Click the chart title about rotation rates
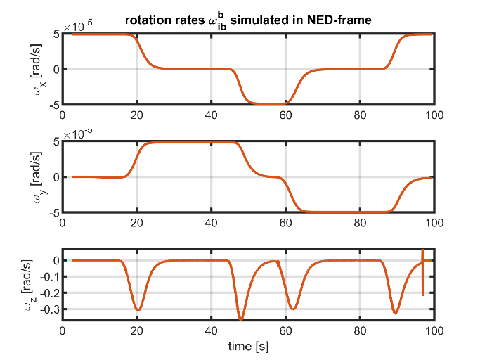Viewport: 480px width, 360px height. (247, 20)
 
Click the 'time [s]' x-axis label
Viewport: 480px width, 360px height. (249, 347)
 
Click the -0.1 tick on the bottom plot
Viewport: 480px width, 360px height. (47, 276)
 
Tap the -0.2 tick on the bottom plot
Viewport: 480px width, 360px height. (47, 292)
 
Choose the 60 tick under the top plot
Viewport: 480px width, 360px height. (285, 115)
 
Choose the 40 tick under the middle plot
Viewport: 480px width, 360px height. (211, 223)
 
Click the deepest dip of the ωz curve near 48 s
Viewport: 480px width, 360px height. (241, 319)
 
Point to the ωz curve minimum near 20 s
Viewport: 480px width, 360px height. (138, 310)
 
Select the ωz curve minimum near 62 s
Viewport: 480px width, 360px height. (293, 309)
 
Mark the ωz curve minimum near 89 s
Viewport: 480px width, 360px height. (396, 313)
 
